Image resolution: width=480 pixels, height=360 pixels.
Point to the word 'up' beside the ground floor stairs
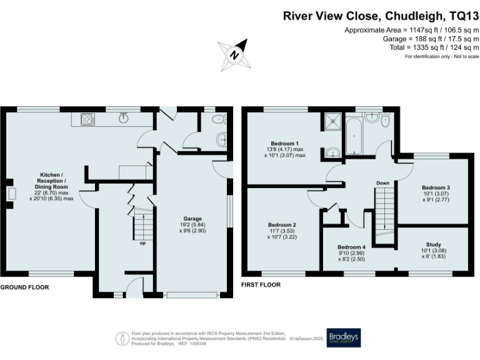pos(143,243)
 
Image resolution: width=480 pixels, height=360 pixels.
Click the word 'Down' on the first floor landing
pos(383,183)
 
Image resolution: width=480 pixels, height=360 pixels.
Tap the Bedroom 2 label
pos(282,225)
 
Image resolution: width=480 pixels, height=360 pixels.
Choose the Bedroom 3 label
pos(436,187)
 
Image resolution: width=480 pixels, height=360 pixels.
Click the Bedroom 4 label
pos(351,246)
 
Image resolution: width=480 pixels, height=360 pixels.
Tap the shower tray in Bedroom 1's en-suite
pos(332,122)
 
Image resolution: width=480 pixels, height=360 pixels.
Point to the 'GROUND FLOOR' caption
pos(24,287)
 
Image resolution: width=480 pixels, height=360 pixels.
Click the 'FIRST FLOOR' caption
pos(261,284)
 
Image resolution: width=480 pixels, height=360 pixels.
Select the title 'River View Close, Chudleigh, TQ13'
pos(381,16)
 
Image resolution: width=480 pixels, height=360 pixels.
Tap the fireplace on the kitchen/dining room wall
pos(11,193)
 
